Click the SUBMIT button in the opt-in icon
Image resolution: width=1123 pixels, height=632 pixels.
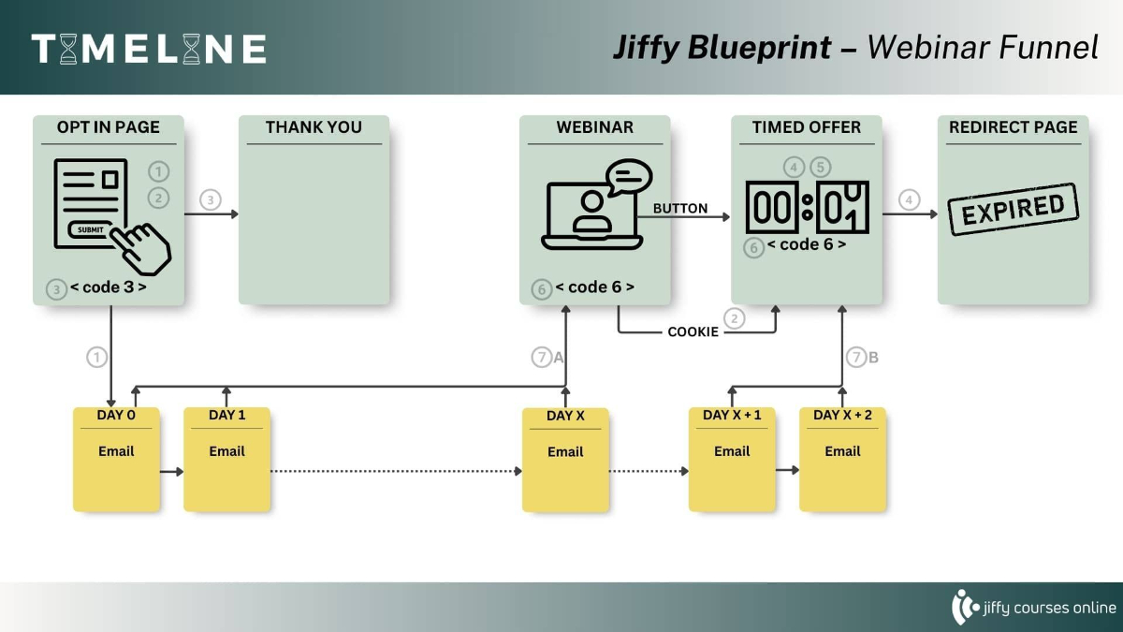click(91, 229)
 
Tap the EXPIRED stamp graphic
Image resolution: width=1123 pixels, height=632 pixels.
click(1014, 210)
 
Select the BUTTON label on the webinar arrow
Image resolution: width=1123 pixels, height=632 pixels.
click(680, 208)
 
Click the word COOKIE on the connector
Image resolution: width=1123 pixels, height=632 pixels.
click(693, 332)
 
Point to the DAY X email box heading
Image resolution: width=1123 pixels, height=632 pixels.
click(565, 416)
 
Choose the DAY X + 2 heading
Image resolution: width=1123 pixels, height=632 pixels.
click(842, 415)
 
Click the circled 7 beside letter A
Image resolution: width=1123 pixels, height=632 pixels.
click(542, 357)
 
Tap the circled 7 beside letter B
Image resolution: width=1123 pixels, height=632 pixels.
click(856, 357)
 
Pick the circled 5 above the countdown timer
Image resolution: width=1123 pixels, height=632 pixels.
click(821, 167)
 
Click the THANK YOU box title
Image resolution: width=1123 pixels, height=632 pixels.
click(314, 127)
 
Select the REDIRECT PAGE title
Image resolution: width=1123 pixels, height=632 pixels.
click(1014, 127)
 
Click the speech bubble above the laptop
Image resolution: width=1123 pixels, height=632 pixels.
click(629, 177)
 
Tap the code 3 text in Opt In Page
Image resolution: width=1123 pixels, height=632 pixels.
click(109, 287)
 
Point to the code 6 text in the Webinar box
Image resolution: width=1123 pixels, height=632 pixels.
click(594, 287)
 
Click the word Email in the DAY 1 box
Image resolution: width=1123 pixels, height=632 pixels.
click(226, 451)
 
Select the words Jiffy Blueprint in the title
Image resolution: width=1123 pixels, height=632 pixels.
click(722, 48)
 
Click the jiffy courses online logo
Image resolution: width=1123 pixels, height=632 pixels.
click(1034, 608)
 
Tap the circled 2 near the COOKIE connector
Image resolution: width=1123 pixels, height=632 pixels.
click(735, 318)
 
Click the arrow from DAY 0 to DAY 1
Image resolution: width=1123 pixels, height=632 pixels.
click(171, 472)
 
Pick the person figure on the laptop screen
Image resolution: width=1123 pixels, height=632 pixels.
click(591, 212)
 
